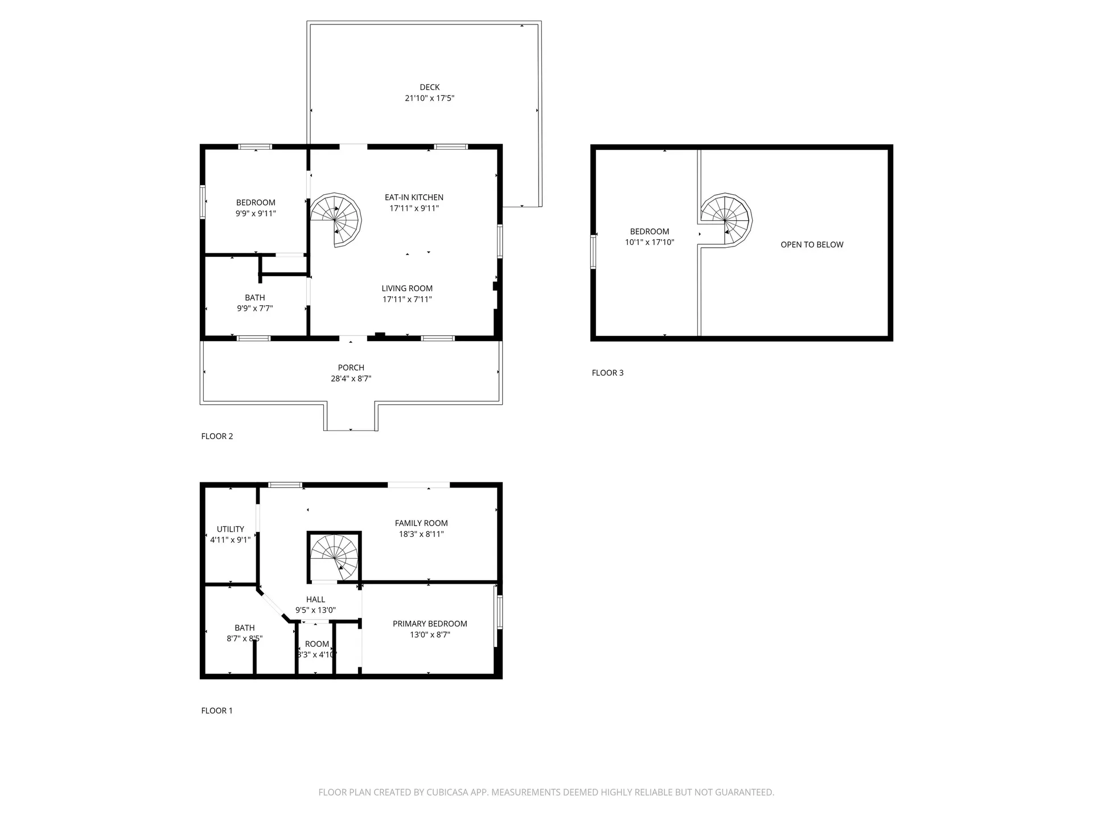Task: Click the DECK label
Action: (x=429, y=87)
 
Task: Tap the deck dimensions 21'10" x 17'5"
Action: (x=429, y=98)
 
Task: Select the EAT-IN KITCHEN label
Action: (x=414, y=198)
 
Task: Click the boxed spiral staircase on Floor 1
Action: (x=334, y=557)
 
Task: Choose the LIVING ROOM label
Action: (x=407, y=289)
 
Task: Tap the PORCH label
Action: (x=351, y=368)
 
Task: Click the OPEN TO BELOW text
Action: (x=812, y=245)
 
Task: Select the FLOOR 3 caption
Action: (x=607, y=373)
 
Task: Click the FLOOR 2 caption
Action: (x=217, y=436)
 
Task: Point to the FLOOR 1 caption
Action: (x=217, y=711)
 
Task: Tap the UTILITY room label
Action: (x=230, y=529)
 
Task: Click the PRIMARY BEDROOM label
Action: (x=430, y=624)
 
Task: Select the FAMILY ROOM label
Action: (x=421, y=523)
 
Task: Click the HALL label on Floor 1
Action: (x=315, y=600)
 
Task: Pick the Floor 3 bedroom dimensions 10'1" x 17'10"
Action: (x=650, y=242)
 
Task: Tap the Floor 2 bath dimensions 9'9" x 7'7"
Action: (x=255, y=309)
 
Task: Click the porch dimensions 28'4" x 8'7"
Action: (x=351, y=379)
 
